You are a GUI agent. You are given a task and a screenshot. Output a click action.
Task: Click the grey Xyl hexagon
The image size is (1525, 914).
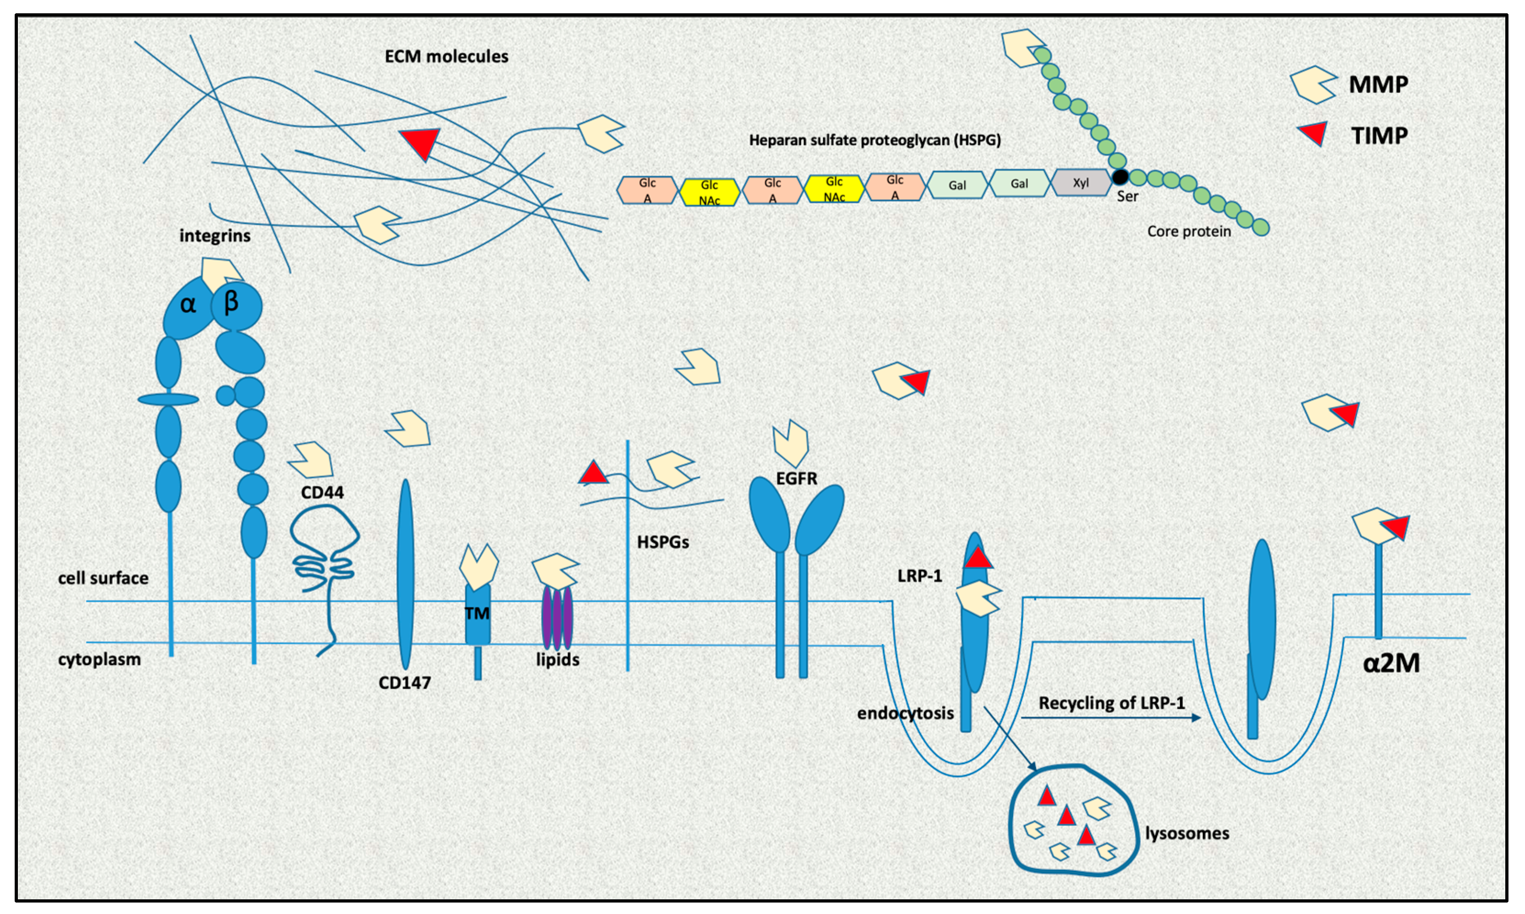(x=1081, y=183)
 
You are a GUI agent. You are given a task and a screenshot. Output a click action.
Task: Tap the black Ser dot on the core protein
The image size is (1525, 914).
(x=1119, y=177)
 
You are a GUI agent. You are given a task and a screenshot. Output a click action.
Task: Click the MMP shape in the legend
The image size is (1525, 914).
(x=1313, y=84)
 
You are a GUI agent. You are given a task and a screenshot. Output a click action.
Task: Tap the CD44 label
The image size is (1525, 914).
(x=322, y=493)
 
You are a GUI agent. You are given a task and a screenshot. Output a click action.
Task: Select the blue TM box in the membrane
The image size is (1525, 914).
(x=478, y=614)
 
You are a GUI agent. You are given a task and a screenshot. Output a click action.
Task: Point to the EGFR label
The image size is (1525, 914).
(x=797, y=479)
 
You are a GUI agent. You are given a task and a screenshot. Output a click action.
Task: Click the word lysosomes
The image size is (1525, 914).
(x=1187, y=833)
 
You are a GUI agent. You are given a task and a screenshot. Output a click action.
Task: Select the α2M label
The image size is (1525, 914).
(x=1391, y=663)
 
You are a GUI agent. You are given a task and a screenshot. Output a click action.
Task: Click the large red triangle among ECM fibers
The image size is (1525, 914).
(x=420, y=144)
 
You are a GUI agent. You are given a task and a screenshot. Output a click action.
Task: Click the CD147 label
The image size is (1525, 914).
(x=404, y=682)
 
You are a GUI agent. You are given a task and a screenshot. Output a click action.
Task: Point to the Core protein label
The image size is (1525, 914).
(x=1189, y=232)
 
